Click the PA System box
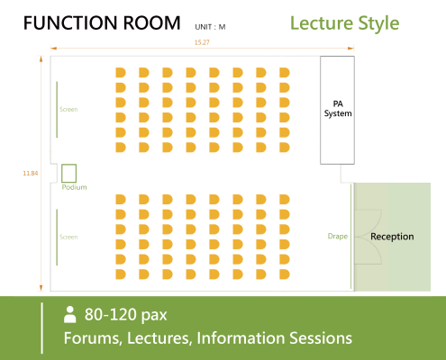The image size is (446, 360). (x=337, y=110)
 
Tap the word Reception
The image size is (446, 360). (x=392, y=237)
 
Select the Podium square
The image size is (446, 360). (x=68, y=174)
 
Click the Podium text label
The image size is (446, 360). (x=74, y=187)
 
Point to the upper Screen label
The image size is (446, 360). (x=68, y=109)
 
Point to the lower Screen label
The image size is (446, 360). (x=68, y=237)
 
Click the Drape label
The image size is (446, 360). (x=338, y=237)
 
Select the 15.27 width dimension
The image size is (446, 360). (x=202, y=42)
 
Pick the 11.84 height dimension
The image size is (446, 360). (x=31, y=173)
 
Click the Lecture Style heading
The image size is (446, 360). (x=345, y=23)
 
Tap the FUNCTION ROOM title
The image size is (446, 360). (x=102, y=23)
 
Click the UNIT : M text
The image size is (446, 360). (x=210, y=27)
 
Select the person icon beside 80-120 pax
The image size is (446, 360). (x=69, y=314)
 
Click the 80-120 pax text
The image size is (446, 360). (x=125, y=315)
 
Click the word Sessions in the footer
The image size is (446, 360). (x=321, y=338)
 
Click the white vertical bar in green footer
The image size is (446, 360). (x=41, y=328)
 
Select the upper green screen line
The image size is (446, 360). (x=57, y=110)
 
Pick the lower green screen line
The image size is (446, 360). (x=57, y=238)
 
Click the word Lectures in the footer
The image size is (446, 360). (x=159, y=338)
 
